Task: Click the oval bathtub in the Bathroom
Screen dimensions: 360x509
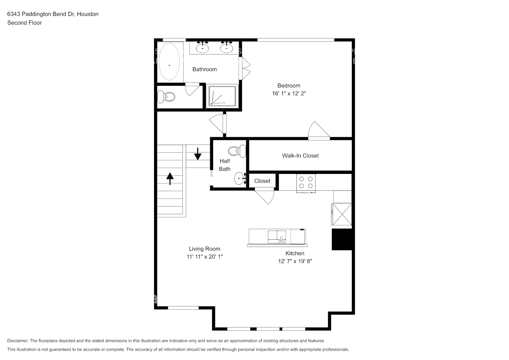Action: click(169, 62)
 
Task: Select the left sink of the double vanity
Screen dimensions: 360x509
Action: click(202, 48)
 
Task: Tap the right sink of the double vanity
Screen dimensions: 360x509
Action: click(226, 48)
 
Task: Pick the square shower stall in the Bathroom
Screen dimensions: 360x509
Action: click(222, 96)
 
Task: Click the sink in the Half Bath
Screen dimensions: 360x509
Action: click(240, 178)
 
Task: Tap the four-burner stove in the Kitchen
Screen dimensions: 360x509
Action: click(306, 182)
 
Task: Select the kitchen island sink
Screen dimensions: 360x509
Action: click(276, 237)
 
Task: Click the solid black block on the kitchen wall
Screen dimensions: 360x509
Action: click(342, 239)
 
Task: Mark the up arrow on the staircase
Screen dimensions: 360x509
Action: click(170, 178)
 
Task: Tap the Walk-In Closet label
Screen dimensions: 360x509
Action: click(300, 156)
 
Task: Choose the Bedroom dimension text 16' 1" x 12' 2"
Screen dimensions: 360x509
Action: click(289, 94)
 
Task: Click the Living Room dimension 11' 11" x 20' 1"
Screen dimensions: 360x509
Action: click(204, 257)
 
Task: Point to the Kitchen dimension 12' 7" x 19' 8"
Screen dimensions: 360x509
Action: click(295, 261)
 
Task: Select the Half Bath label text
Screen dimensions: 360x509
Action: click(225, 165)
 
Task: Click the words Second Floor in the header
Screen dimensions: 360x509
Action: click(24, 23)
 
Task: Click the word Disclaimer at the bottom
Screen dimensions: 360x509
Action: click(18, 341)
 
